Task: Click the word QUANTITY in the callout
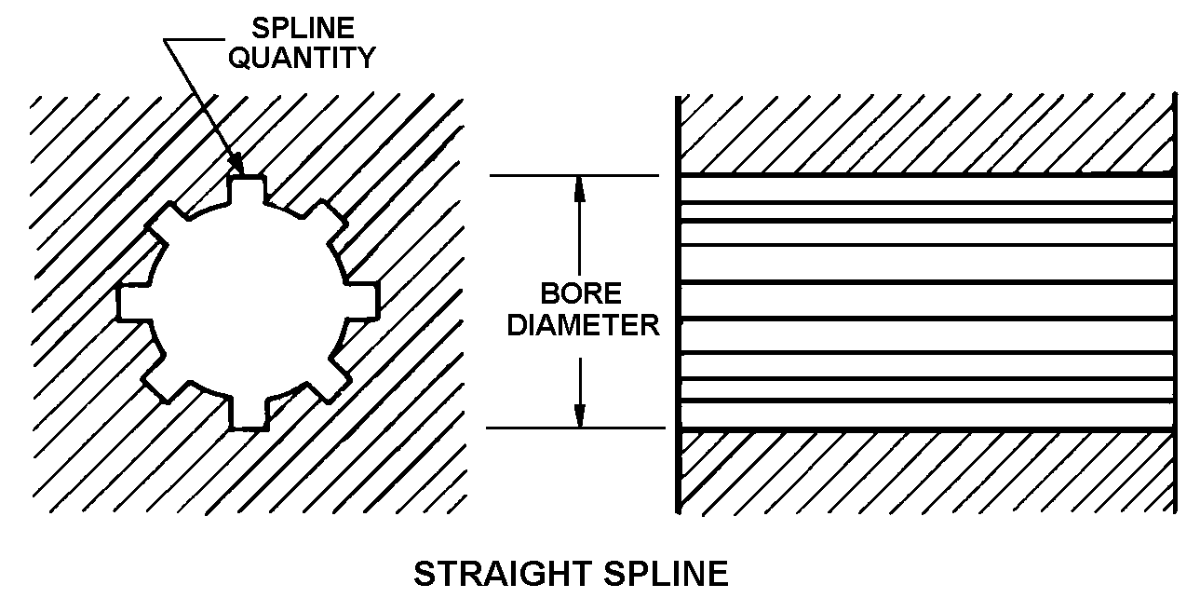303,57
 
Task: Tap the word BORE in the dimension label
581,294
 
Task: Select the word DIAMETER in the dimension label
584,325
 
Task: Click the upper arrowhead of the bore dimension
579,186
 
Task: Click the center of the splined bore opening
248,302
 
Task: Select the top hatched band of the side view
926,134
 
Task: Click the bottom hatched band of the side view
926,470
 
